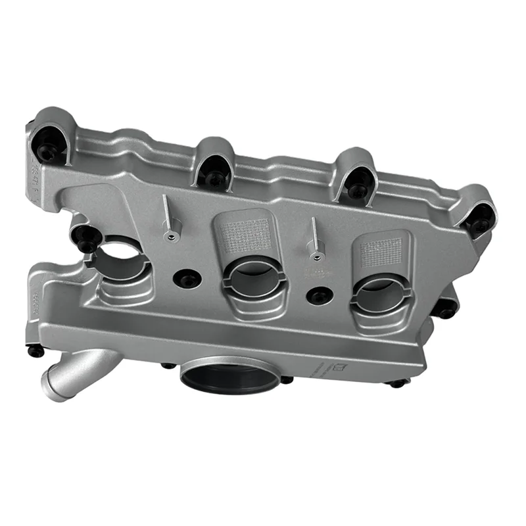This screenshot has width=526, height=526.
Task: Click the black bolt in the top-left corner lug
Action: tap(48, 152)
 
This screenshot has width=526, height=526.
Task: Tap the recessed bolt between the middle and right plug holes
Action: tap(320, 297)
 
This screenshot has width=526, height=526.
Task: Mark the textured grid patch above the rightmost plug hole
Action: tap(381, 252)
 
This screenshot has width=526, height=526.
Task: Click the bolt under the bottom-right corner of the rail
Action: tap(398, 383)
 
